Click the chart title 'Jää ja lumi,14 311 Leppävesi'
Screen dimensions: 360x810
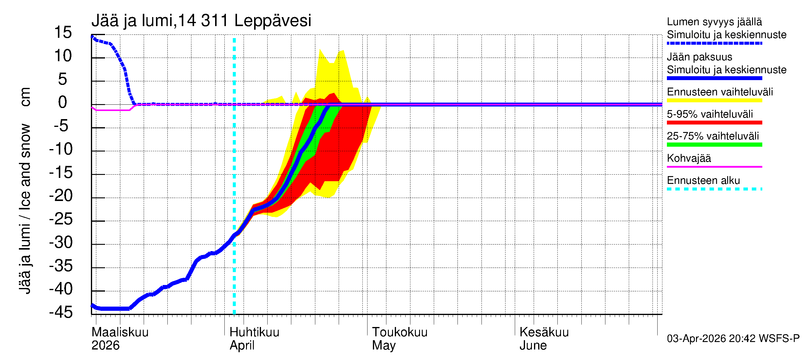coord(201,21)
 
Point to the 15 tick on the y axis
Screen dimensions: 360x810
coord(63,32)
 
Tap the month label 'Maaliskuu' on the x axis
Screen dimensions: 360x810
coord(120,332)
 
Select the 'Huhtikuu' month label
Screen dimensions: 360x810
coord(254,332)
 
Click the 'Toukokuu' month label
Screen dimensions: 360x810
coord(399,332)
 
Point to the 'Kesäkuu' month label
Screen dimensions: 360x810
coord(544,332)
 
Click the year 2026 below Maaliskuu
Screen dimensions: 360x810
coord(105,345)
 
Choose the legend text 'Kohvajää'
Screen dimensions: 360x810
coord(688,158)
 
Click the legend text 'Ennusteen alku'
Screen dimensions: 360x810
coord(703,181)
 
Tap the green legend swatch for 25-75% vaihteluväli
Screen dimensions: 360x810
coord(714,145)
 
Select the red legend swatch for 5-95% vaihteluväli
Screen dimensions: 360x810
coord(714,123)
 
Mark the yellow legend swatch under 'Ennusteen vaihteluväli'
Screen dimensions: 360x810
coord(714,100)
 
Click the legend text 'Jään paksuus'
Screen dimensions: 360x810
coord(699,57)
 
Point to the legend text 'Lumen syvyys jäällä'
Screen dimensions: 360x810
coord(714,22)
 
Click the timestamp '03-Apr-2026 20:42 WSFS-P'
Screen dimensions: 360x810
coord(733,338)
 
